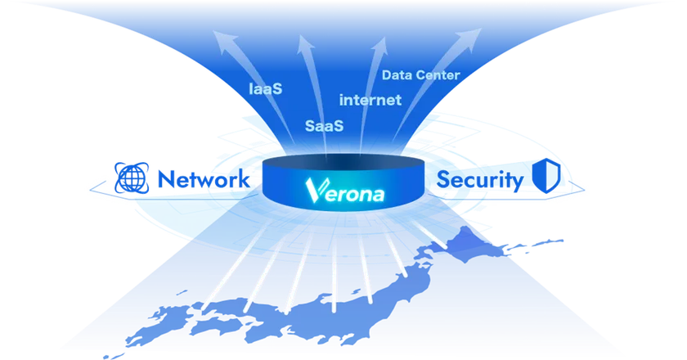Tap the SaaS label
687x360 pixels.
point(324,127)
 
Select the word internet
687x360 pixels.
point(370,101)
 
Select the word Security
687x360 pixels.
point(480,179)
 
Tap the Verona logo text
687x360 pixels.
point(343,191)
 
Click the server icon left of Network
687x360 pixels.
point(132,177)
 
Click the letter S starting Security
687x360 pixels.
point(446,179)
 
